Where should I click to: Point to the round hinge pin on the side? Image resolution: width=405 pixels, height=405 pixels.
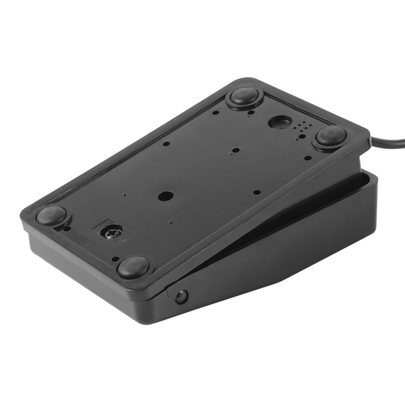181,296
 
